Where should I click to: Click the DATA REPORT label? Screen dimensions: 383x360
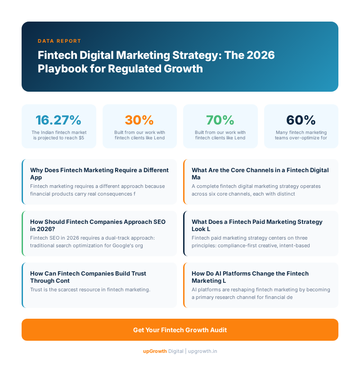(59, 41)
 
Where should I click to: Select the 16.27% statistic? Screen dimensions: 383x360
(58, 120)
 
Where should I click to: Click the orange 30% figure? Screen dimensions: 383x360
(139, 120)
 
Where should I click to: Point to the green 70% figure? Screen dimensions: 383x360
(220, 120)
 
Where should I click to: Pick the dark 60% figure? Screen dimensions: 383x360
(301, 120)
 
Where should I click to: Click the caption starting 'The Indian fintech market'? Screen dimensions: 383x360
(58, 135)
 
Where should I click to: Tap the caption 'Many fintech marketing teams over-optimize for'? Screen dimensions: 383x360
(301, 135)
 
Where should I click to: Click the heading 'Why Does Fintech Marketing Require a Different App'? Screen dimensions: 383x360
(99, 174)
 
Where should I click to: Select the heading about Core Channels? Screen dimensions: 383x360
(260, 174)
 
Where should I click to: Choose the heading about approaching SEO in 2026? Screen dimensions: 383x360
(98, 225)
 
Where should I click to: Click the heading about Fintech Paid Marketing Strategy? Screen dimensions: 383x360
(257, 225)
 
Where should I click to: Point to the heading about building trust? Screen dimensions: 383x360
(88, 277)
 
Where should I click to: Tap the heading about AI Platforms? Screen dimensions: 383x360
(250, 277)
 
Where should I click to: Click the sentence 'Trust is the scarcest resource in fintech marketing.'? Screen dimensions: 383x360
(90, 289)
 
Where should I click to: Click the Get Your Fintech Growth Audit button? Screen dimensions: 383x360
(180, 330)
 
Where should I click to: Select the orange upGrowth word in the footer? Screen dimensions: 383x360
(154, 351)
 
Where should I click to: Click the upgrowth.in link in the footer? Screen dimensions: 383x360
(202, 351)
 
